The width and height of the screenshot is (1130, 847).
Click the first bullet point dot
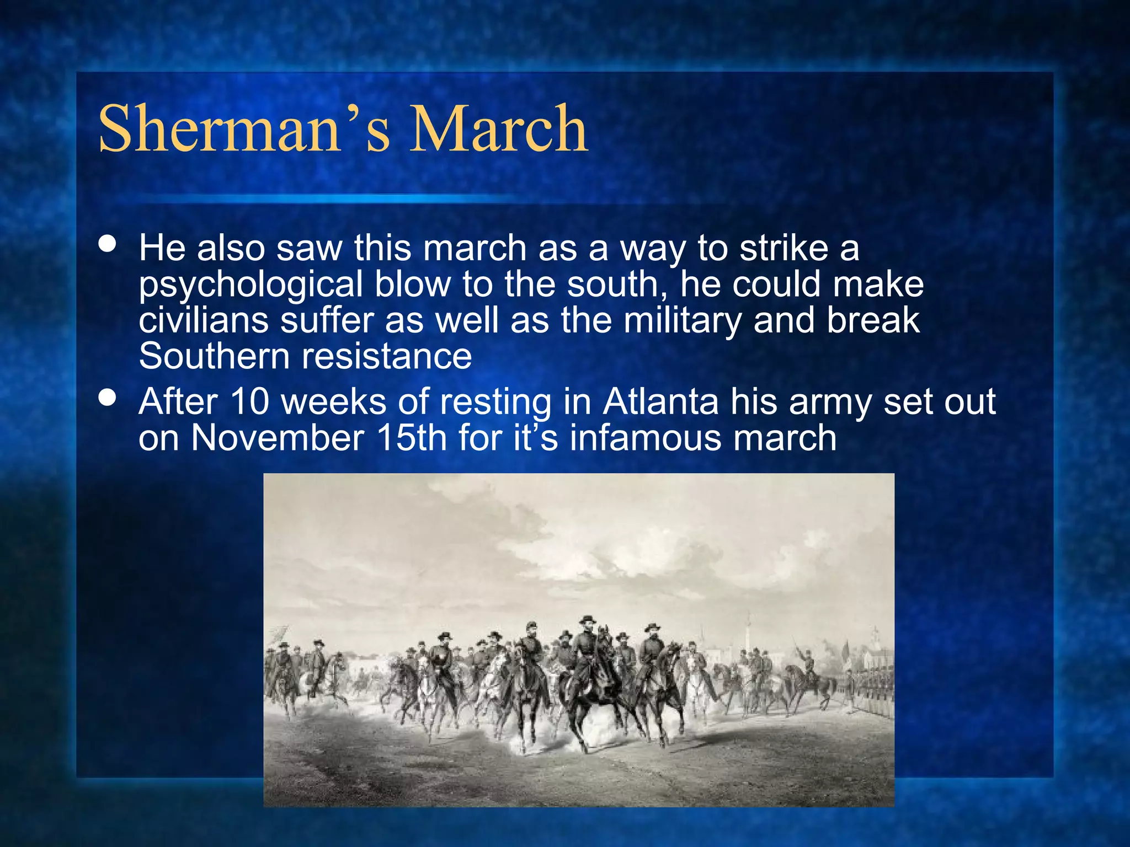coord(108,244)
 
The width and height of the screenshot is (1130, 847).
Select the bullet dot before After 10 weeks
coord(108,398)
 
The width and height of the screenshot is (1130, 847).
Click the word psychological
coord(250,285)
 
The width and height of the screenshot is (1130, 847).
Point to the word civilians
coord(203,320)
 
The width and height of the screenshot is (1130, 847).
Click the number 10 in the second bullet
coord(249,401)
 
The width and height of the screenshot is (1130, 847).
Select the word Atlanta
coord(660,401)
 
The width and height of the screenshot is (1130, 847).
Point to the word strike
coord(783,248)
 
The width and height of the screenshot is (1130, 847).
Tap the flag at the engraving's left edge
coord(280,634)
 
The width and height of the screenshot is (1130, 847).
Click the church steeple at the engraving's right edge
coord(875,640)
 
